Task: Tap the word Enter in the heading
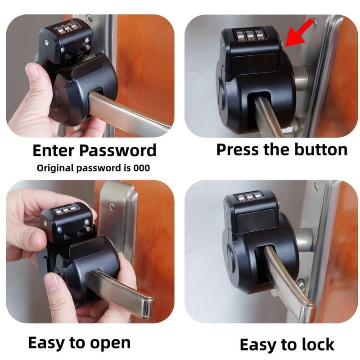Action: [x=53, y=150]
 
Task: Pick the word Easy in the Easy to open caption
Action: [x=47, y=343]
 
